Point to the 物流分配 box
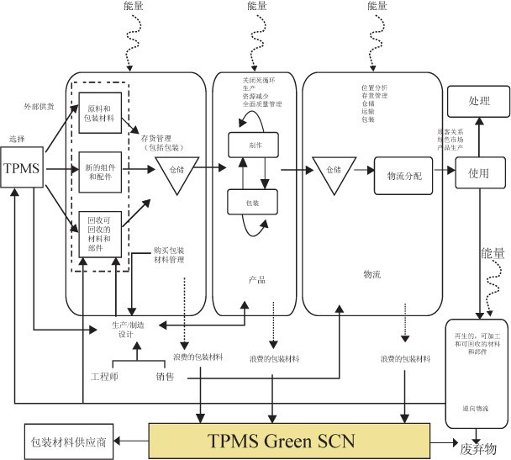click(x=403, y=176)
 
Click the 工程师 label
click(x=104, y=376)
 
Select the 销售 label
click(x=165, y=376)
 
